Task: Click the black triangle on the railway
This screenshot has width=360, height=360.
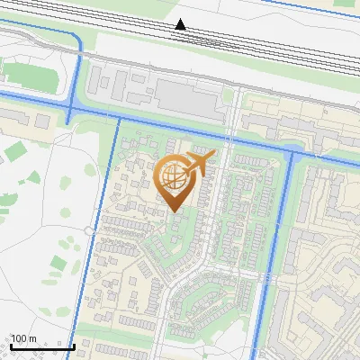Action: coord(181,24)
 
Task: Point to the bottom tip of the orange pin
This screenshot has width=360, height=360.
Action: coord(175,212)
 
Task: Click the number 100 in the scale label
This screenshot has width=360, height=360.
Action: coord(19,338)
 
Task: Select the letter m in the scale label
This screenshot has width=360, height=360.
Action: coord(32,338)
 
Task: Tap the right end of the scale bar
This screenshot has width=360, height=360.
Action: coord(74,346)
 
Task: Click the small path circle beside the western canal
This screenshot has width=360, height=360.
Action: coord(88,231)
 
